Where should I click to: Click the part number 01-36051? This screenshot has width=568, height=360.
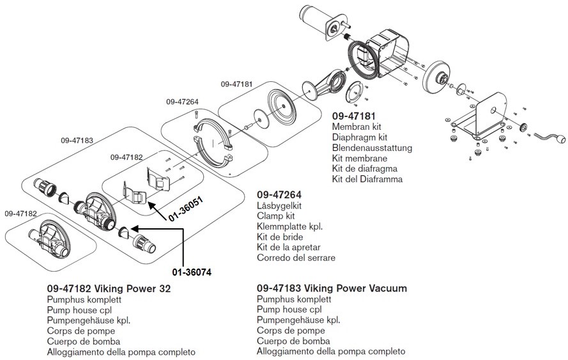pyautogui.click(x=185, y=209)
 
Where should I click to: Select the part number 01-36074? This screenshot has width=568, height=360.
pyautogui.click(x=192, y=272)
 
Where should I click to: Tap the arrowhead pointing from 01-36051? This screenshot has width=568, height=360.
pyautogui.click(x=151, y=206)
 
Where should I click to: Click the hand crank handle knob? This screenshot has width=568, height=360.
pyautogui.click(x=561, y=139)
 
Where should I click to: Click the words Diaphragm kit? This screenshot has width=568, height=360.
pyautogui.click(x=359, y=137)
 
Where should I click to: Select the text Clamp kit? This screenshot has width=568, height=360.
pyautogui.click(x=275, y=215)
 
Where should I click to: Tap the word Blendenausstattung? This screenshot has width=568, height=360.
pyautogui.click(x=372, y=148)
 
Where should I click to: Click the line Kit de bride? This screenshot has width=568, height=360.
pyautogui.click(x=280, y=237)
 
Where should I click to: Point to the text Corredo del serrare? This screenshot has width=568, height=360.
pyautogui.click(x=296, y=258)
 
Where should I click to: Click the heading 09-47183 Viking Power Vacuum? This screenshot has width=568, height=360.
pyautogui.click(x=332, y=288)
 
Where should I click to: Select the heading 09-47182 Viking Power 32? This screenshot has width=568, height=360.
pyautogui.click(x=109, y=288)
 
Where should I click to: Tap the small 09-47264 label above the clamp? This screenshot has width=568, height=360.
pyautogui.click(x=182, y=102)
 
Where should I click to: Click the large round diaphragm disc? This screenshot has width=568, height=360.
pyautogui.click(x=282, y=106)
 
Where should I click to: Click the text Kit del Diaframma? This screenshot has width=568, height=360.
pyautogui.click(x=367, y=179)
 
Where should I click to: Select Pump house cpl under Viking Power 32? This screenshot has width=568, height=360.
pyautogui.click(x=79, y=310)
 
